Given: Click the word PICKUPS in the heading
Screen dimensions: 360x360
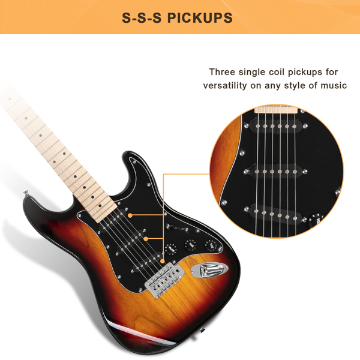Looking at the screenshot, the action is click(x=200, y=17).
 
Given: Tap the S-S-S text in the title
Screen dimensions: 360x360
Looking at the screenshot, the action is click(x=142, y=17).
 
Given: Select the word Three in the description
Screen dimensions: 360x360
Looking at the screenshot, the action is click(x=222, y=72).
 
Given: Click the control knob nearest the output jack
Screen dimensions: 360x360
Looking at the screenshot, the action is click(x=211, y=245).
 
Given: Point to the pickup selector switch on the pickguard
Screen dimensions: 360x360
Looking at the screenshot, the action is click(x=178, y=227).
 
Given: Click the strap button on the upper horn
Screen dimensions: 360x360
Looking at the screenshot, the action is click(x=26, y=193).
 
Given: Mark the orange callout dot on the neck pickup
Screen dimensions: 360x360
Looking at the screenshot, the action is click(x=130, y=215).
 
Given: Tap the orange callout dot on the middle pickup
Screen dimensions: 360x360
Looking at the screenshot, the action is click(x=146, y=239).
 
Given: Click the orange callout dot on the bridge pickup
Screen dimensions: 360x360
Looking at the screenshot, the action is click(x=163, y=261).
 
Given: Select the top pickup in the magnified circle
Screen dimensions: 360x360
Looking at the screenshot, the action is click(x=276, y=126).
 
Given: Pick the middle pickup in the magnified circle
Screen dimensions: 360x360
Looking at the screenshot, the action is click(x=276, y=171).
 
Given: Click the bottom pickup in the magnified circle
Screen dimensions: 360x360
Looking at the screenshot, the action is click(x=275, y=214).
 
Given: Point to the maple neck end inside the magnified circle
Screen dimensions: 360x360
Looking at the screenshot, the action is click(x=276, y=109).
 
